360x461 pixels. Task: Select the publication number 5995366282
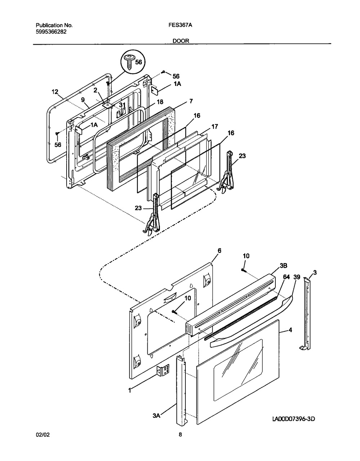coord(51,31)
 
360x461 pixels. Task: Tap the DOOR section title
coord(181,41)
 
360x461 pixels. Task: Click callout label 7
coord(191,102)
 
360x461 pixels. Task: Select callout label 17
coord(215,126)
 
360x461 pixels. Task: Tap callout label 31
coord(122,105)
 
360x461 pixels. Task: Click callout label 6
coord(219,250)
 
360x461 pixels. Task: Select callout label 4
coord(290,329)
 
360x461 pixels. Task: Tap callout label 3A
coord(156,416)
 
